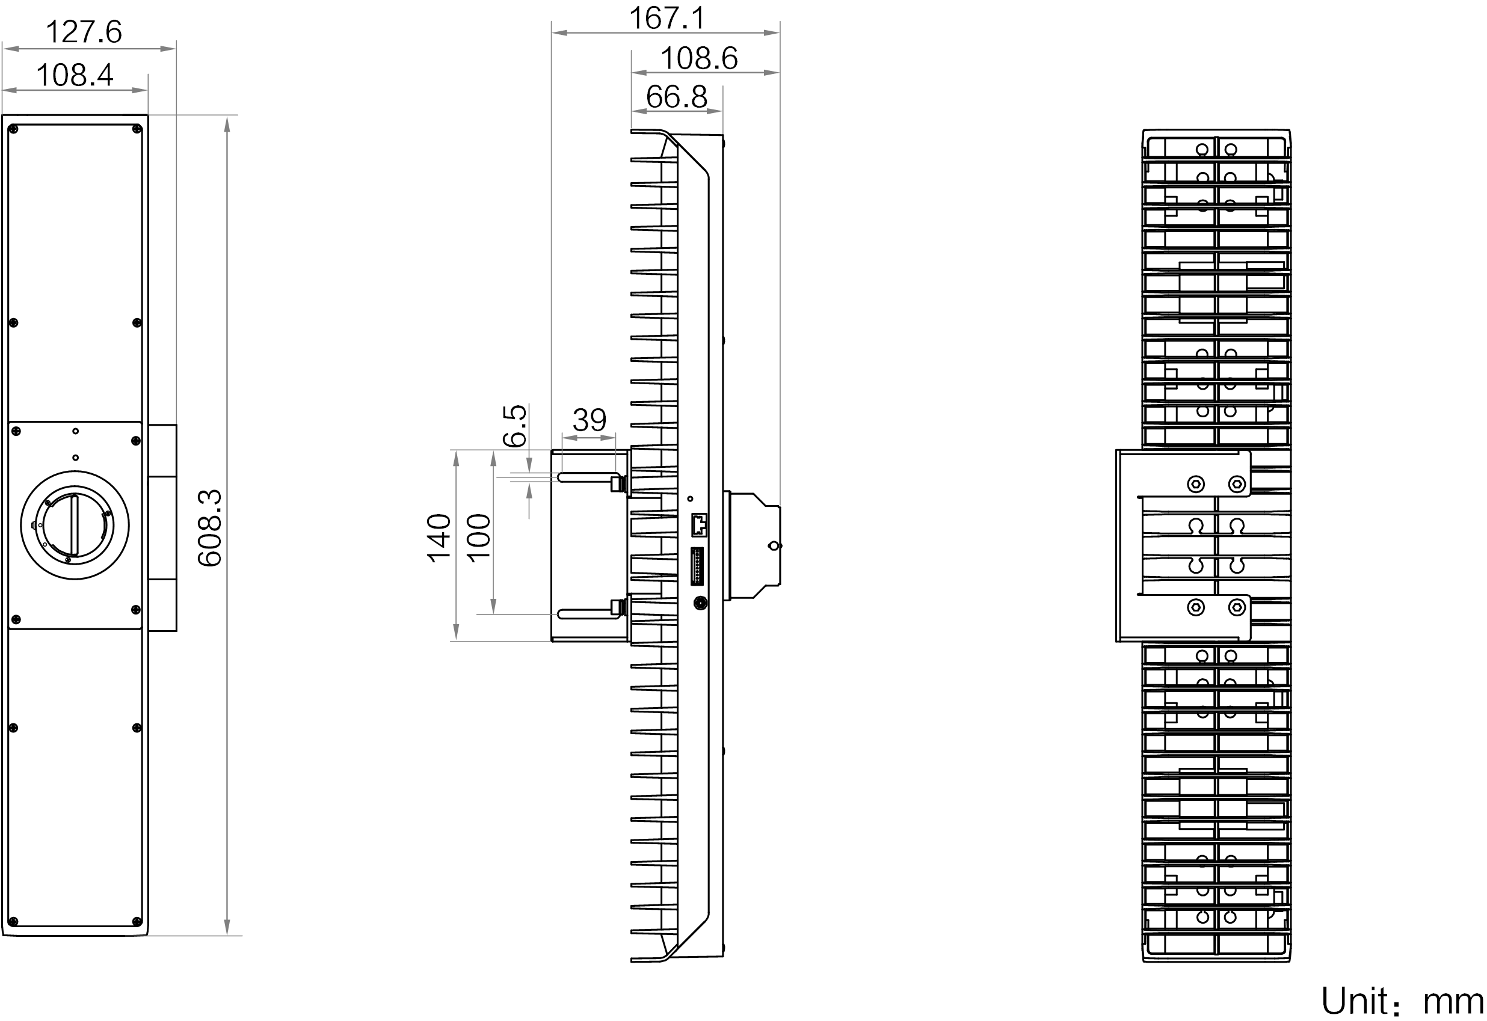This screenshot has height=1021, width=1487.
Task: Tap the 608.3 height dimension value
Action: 210,527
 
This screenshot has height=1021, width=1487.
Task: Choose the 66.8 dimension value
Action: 676,98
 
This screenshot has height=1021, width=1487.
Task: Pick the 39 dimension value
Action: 589,422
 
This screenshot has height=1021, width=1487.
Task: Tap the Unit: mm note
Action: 1404,1001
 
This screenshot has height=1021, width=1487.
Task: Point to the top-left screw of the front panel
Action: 13,131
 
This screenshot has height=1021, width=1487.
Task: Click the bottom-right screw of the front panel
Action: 136,922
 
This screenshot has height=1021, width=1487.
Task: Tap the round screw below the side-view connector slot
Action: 700,602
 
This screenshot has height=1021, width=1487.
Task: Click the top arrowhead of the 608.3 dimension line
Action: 226,121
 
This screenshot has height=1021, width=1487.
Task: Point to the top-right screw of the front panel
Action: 136,130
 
